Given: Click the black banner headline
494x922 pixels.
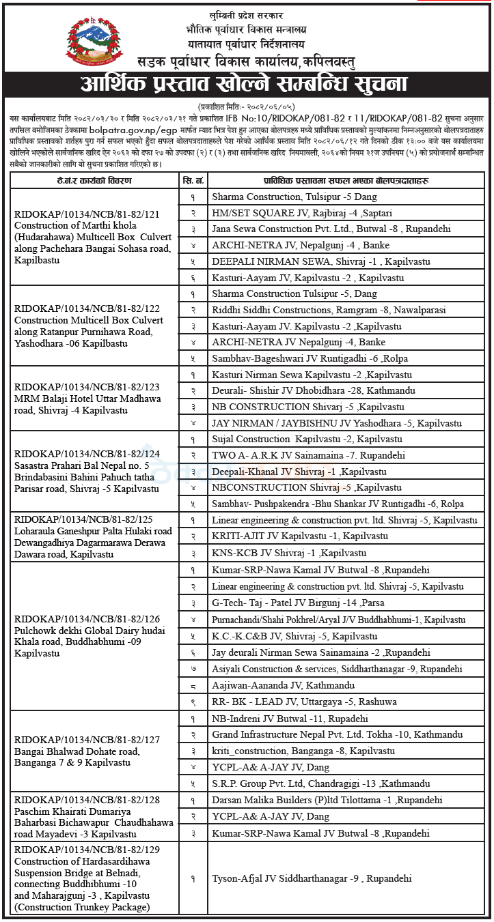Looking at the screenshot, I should (x=247, y=85).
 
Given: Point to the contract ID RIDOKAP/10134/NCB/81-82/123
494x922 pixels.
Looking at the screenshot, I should (x=87, y=387).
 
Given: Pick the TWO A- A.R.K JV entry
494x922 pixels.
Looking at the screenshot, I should (x=308, y=455).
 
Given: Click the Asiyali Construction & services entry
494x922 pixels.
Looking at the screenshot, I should (x=336, y=669).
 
